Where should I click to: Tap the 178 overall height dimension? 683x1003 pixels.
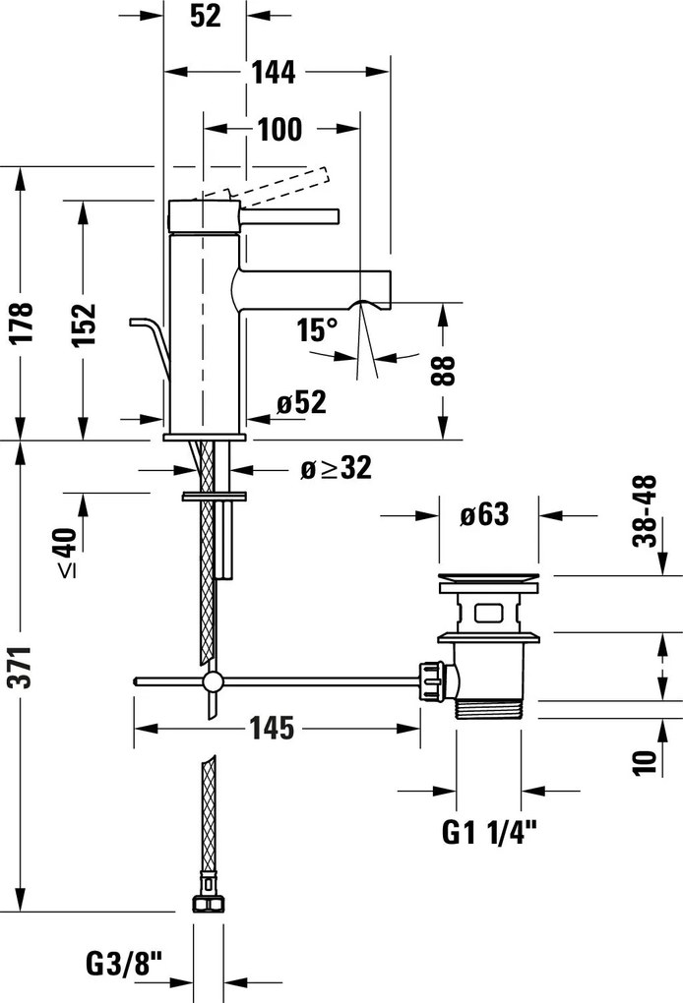[23, 324]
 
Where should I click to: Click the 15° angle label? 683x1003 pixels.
[317, 329]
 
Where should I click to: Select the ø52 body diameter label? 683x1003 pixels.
[300, 401]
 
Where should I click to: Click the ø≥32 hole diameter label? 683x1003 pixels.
[336, 469]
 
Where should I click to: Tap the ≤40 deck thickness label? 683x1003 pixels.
[65, 552]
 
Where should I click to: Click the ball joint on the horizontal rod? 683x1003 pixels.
[212, 683]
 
